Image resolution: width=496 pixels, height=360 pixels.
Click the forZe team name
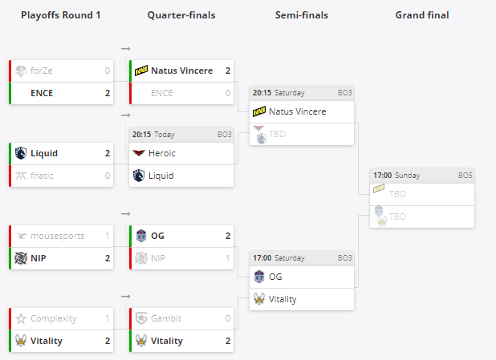[41, 71]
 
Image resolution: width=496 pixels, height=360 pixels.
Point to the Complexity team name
[53, 318]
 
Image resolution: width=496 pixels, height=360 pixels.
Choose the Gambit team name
[166, 318]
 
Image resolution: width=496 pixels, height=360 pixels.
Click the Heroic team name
[162, 153]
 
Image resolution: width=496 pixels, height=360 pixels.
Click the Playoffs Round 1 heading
[61, 15]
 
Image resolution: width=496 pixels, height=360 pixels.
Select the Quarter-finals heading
[181, 15]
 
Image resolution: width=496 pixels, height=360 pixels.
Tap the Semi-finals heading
[301, 15]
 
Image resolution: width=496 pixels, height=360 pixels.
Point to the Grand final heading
[422, 15]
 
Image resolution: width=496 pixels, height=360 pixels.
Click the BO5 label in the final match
[465, 175]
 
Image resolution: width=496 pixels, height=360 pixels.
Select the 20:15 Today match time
[153, 134]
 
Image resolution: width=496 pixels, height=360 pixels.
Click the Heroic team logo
[140, 153]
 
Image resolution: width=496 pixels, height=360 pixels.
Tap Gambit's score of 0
[228, 318]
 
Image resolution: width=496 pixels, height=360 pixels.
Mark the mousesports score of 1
[108, 237]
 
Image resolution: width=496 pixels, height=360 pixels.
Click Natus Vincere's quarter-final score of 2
[228, 71]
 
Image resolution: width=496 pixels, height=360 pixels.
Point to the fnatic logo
[20, 176]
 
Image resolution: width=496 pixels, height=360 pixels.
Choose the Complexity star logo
[20, 318]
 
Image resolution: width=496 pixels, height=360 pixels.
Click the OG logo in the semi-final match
[259, 277]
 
